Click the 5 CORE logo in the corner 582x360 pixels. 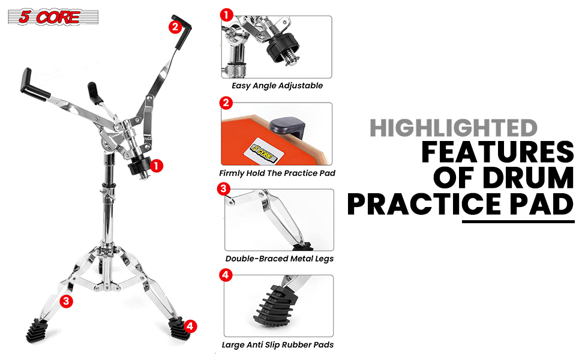(53, 17)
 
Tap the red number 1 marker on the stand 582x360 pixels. (156, 166)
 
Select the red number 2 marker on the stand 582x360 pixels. (175, 27)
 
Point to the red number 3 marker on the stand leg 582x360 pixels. (66, 301)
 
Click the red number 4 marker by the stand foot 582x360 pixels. (190, 326)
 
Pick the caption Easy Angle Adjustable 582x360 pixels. (277, 86)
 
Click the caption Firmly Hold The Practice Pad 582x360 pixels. (277, 173)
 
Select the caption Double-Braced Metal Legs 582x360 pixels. (279, 259)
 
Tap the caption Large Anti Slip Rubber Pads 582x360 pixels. (278, 345)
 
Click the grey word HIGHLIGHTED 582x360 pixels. (453, 128)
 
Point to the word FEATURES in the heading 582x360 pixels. (498, 152)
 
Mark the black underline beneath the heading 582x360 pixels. (518, 221)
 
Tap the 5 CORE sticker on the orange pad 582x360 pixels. (264, 151)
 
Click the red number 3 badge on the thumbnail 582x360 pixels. (223, 188)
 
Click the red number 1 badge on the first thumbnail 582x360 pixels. (226, 15)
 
